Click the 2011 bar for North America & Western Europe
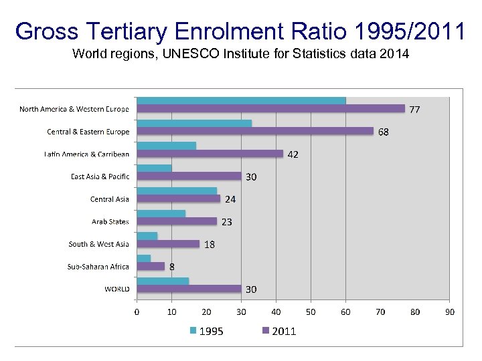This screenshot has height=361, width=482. tap(271, 108)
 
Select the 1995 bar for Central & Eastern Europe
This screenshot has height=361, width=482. tap(194, 124)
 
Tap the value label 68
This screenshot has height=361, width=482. tap(383, 132)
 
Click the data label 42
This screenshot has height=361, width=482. tap(293, 154)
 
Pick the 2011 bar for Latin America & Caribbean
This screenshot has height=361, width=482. tap(210, 154)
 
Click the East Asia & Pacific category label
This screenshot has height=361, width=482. tap(100, 176)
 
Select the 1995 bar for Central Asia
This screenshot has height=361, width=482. tap(177, 191)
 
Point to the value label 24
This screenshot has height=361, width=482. tap(230, 199)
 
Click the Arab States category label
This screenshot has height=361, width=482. tap(110, 221)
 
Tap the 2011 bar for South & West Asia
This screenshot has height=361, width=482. tap(168, 244)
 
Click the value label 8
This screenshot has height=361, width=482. tap(172, 267)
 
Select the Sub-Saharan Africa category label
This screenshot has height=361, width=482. tap(98, 267)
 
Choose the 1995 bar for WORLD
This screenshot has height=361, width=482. tap(163, 281)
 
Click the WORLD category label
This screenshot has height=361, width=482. tap(116, 289)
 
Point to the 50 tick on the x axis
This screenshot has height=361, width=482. tap(311, 312)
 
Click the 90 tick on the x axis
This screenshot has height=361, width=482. tap(450, 312)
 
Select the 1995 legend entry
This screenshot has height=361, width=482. tap(207, 331)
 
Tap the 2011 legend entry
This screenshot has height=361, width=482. tap(278, 331)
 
